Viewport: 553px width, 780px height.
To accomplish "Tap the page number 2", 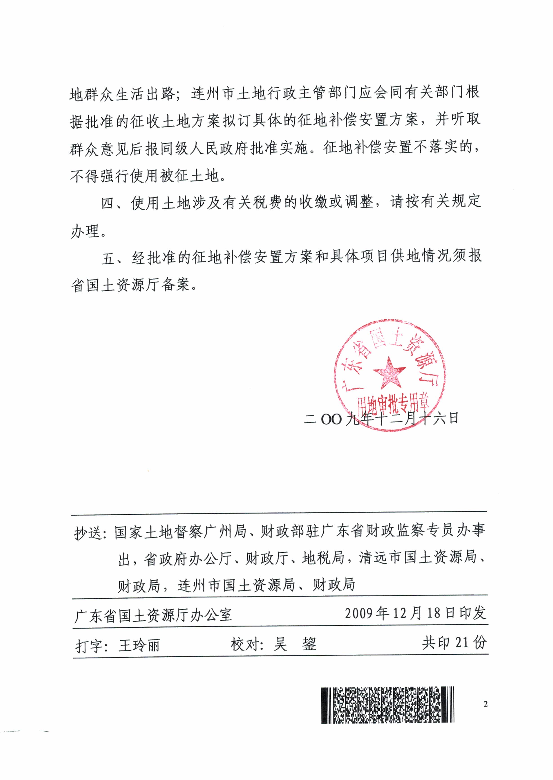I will [486, 704].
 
